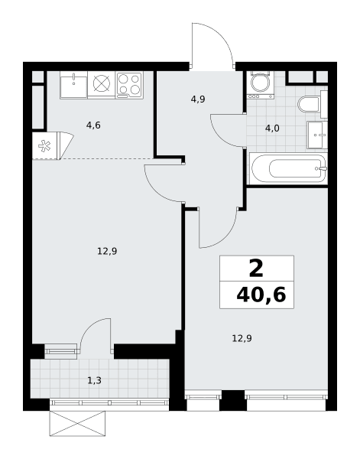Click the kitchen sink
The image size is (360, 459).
coord(73,85)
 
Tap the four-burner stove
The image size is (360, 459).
coord(129,85)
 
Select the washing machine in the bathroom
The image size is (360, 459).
coord(260,84)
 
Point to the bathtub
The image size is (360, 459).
coord(288,168)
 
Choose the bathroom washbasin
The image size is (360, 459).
coord(317,135)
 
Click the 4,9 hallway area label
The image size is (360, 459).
coord(198,99)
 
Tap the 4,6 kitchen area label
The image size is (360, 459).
coord(93,125)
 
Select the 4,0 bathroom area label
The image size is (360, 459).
coord(272,129)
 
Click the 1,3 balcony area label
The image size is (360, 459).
coord(95,380)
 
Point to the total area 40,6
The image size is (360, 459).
coord(261,295)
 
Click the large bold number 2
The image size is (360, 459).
coord(256,269)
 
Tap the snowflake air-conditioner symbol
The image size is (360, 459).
coord(44,146)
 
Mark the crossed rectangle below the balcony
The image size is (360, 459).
coord(77,424)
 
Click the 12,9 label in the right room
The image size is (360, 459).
coord(242,339)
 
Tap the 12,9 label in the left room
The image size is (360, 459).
coord(107,251)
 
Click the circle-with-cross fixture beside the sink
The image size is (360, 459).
coord(102,83)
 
